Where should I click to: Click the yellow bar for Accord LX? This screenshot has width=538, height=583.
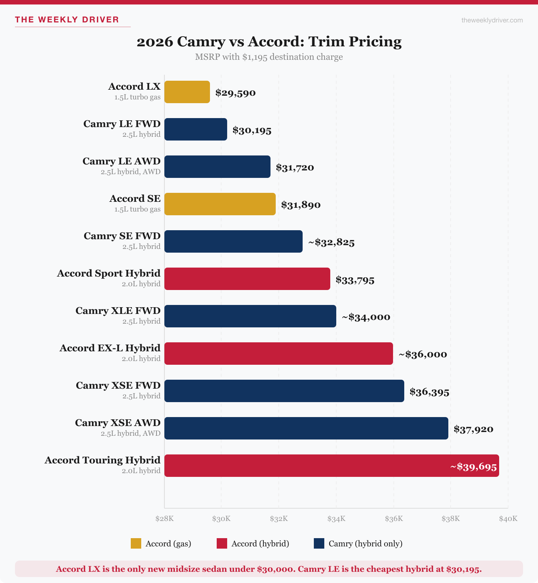pos(187,92)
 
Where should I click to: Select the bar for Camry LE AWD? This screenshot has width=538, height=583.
pos(217,167)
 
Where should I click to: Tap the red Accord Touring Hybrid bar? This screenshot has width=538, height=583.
pos(306,466)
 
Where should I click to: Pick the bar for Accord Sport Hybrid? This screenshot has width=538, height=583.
pos(247,279)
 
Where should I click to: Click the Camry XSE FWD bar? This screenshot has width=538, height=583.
pos(284,391)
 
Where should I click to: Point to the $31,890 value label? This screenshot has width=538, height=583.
pos(301,205)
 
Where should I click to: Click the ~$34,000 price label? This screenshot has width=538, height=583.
pos(366,317)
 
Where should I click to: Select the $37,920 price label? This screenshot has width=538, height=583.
pos(473,429)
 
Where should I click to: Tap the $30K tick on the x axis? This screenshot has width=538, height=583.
pos(221,519)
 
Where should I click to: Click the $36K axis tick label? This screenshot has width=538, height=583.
pos(394,519)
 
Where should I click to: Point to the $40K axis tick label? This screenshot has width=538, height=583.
pos(508,519)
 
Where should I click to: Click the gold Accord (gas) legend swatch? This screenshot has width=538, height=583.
pos(136,543)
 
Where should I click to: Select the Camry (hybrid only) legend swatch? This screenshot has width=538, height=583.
pos(319,543)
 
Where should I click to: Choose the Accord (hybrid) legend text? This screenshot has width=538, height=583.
pos(260,544)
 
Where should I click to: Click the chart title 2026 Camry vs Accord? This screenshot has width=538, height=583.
pos(269,41)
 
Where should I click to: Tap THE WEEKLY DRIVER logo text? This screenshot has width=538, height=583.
pos(67,20)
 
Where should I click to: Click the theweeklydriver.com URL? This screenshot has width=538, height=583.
pos(492,20)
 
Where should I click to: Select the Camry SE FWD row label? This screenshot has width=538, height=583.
pos(122,236)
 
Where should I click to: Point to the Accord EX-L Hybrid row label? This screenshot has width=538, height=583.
pos(110,348)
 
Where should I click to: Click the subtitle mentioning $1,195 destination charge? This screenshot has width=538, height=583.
pos(269,57)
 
